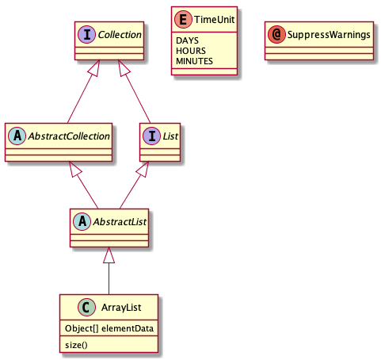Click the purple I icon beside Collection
pyautogui.click(x=87, y=35)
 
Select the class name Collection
pyautogui.click(x=120, y=35)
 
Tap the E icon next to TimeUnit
pyautogui.click(x=183, y=19)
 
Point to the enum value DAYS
pyautogui.click(x=187, y=40)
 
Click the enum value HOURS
pyautogui.click(x=191, y=51)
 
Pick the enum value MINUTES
pyautogui.click(x=194, y=61)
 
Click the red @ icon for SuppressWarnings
pyautogui.click(x=276, y=35)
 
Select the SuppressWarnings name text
pyautogui.click(x=329, y=35)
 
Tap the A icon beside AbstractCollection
pyautogui.click(x=17, y=136)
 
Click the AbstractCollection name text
pyautogui.click(x=69, y=136)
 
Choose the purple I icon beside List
pyautogui.click(x=151, y=136)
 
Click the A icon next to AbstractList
pyautogui.click(x=82, y=221)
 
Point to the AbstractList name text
pyautogui.click(x=120, y=222)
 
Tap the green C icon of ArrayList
pyautogui.click(x=86, y=307)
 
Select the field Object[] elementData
pyautogui.click(x=109, y=328)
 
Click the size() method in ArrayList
pyautogui.click(x=76, y=345)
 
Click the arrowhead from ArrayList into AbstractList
pyautogui.click(x=109, y=255)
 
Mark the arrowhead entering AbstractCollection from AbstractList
pyautogui.click(x=75, y=169)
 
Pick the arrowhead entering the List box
pyautogui.click(x=143, y=169)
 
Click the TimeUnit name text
pyautogui.click(x=215, y=19)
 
